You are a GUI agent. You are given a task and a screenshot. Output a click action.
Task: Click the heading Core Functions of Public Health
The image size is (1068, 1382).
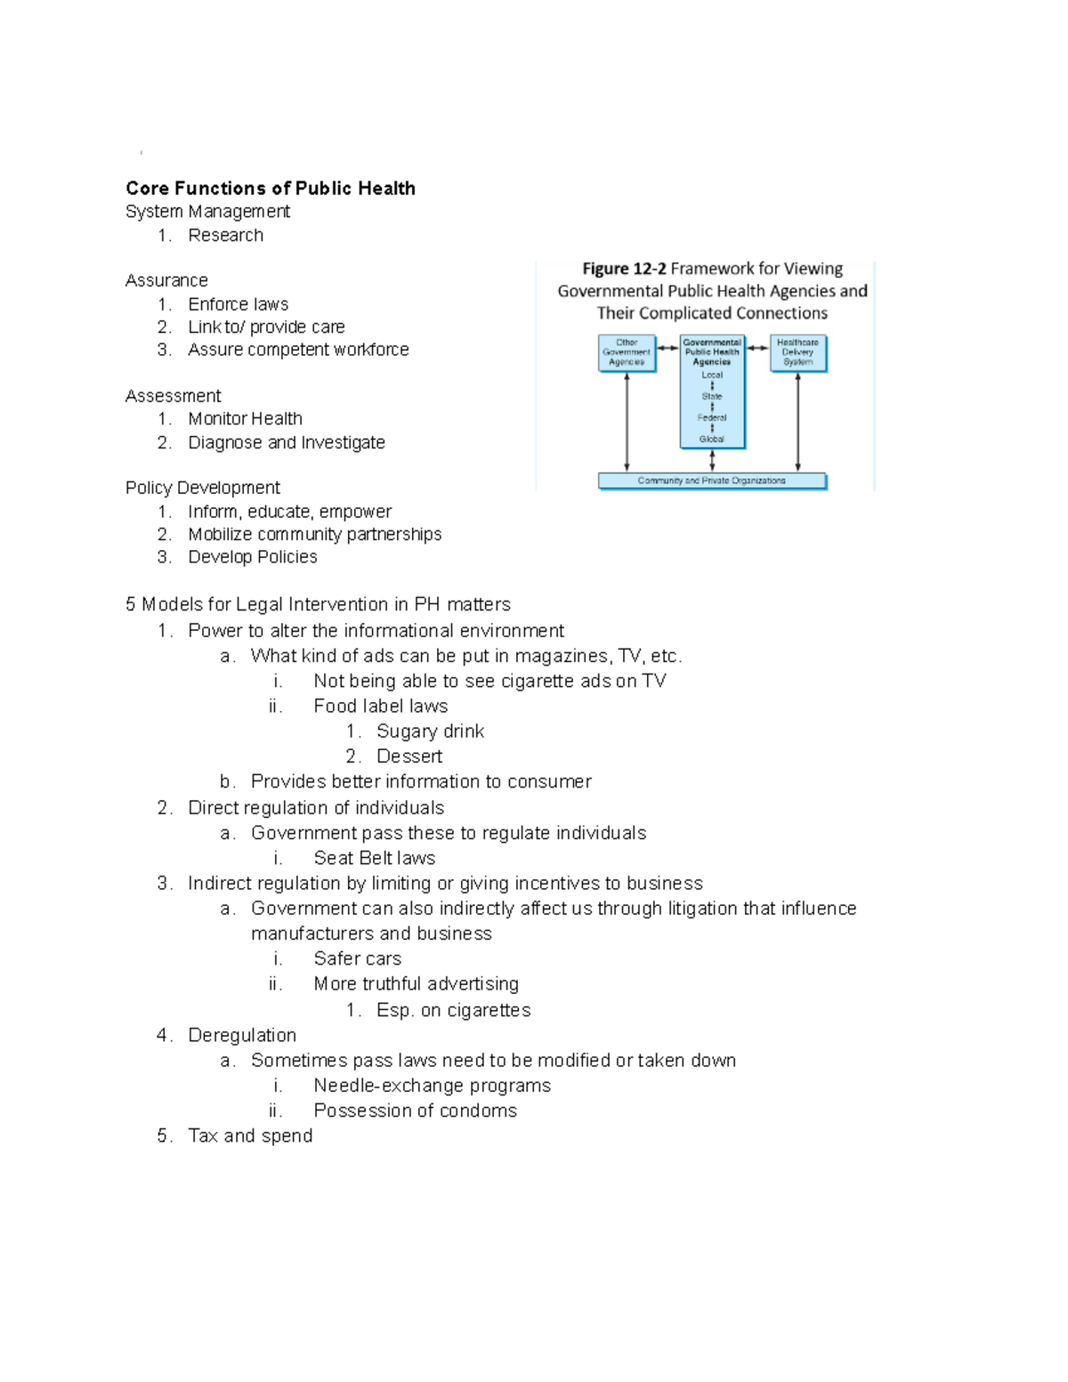point(271,189)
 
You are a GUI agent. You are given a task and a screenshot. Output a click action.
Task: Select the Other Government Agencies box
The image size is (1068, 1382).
point(627,352)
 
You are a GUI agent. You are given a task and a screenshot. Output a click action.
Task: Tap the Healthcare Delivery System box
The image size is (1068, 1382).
point(797,352)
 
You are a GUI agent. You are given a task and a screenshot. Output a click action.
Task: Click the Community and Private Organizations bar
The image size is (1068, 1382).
point(712,481)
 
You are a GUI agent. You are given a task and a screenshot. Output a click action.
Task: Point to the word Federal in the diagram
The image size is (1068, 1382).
point(712,417)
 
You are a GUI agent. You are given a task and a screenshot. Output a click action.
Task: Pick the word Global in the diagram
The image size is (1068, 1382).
point(712,439)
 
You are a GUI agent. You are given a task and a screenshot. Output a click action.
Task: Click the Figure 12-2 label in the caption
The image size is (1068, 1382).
point(624,269)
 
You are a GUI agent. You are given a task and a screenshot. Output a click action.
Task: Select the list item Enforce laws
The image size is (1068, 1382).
point(238,304)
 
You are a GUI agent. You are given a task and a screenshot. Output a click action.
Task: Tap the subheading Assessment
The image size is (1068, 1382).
point(173,396)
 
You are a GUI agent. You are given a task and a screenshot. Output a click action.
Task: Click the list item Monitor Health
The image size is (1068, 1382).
point(245,418)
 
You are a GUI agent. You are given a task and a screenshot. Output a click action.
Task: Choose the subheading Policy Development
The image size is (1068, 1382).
point(202,488)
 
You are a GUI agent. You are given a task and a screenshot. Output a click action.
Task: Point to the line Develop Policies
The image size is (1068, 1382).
point(253,557)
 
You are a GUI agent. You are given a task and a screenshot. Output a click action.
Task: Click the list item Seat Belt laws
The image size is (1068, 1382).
point(374,858)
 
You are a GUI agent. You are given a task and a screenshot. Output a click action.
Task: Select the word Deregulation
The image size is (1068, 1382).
point(242,1035)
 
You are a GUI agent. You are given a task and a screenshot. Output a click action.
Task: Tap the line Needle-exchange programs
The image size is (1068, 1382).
point(432,1086)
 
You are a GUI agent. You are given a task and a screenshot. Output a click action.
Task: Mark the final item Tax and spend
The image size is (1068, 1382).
point(250,1136)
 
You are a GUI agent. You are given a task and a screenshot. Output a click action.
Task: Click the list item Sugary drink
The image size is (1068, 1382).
point(430,731)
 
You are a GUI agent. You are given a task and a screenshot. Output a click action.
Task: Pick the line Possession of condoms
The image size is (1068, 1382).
point(415,1111)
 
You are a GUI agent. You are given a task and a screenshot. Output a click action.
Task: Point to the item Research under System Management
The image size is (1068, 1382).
point(225,236)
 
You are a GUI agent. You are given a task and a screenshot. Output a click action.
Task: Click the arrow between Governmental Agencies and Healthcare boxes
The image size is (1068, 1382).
point(757,348)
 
